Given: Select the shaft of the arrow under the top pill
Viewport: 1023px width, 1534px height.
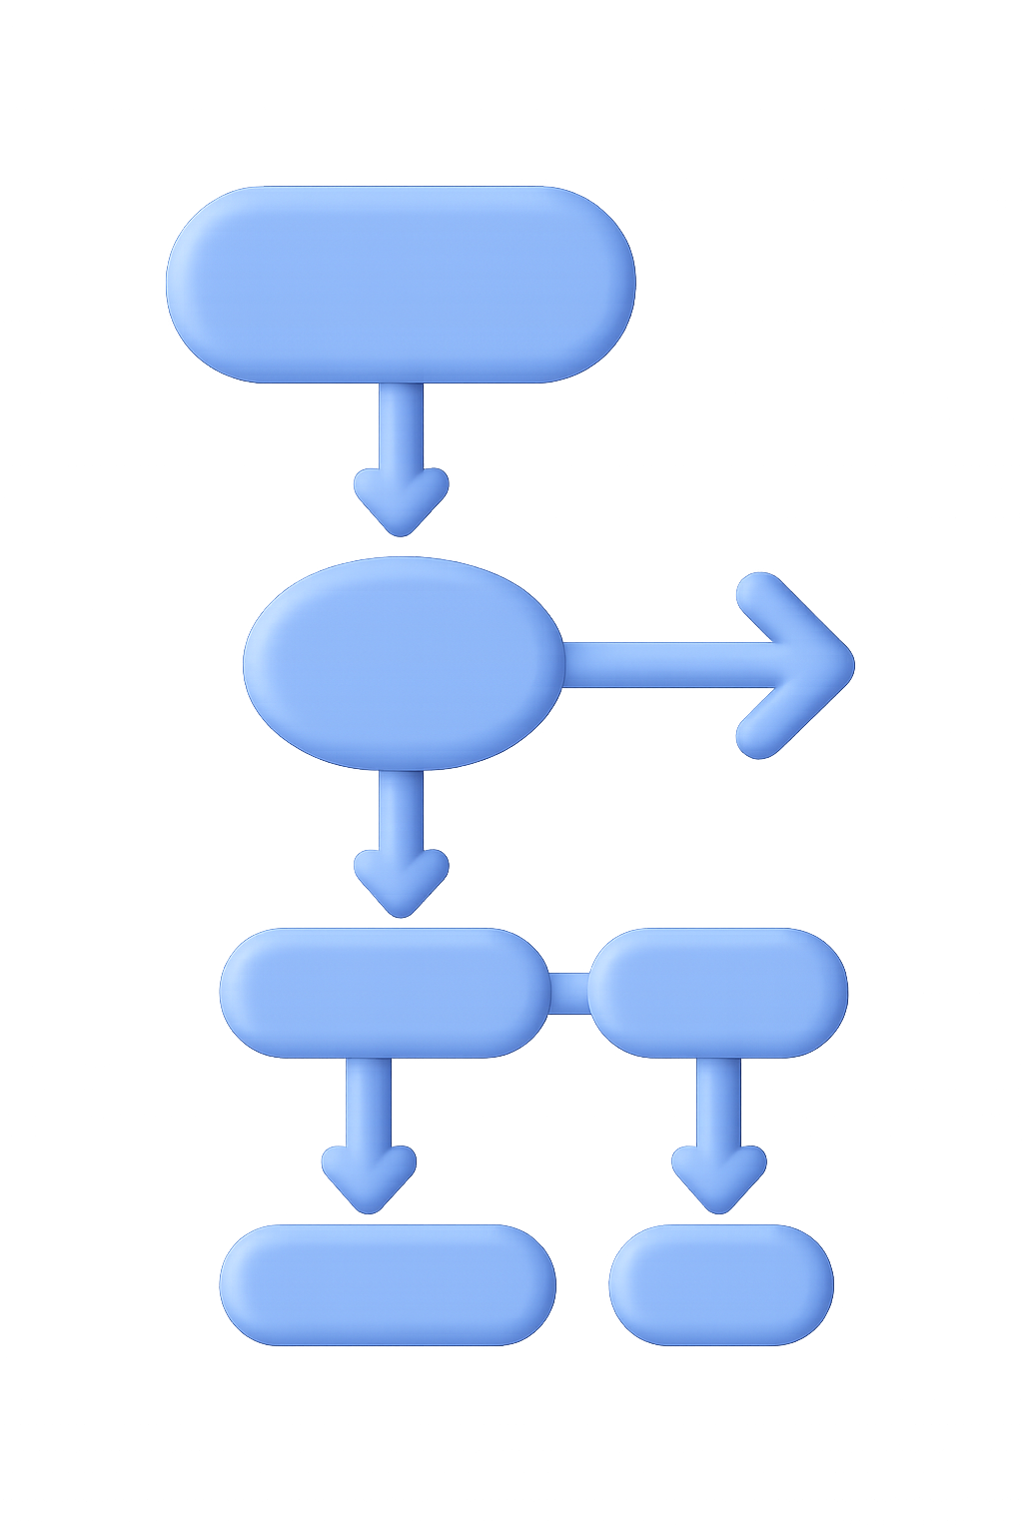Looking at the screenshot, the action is pyautogui.click(x=400, y=424).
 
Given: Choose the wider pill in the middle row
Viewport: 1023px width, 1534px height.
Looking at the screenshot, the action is pyautogui.click(x=385, y=993).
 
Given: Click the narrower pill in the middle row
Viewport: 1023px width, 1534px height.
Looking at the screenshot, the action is pyautogui.click(x=717, y=993).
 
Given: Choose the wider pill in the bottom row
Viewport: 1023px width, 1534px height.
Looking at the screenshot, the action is pyautogui.click(x=388, y=1284).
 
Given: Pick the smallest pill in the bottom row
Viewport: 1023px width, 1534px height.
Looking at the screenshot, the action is pyautogui.click(x=720, y=1284).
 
